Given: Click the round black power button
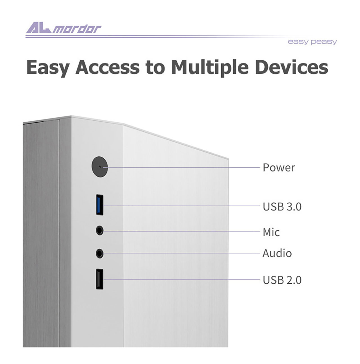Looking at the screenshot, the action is (x=100, y=167).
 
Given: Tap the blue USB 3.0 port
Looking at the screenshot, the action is (x=100, y=205).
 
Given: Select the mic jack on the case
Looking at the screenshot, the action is (x=100, y=230).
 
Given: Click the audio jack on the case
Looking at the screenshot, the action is (x=100, y=253).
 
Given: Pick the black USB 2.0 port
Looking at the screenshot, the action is (x=100, y=279).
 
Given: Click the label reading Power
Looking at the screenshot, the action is (x=279, y=167).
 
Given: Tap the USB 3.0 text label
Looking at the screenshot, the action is (x=282, y=206).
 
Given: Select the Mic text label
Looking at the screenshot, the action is (x=271, y=232).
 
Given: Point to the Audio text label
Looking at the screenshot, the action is (x=277, y=253).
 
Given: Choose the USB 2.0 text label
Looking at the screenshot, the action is (x=282, y=280).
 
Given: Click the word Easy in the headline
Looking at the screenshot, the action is (x=48, y=68).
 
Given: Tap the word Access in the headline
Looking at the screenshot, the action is (x=107, y=67).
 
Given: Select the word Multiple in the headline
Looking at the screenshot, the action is (x=210, y=68).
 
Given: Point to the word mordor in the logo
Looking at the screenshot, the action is (x=77, y=29).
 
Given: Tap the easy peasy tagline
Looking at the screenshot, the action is (x=312, y=42).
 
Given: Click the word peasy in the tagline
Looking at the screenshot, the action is (x=324, y=42).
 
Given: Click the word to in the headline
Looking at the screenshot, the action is (x=155, y=68).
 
